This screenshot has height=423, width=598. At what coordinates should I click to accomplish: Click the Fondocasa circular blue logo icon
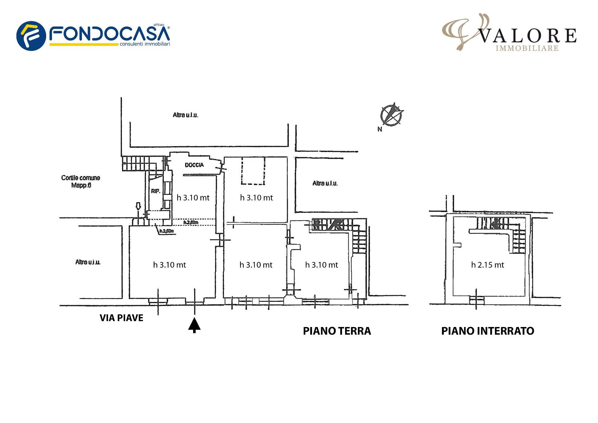point(31,36)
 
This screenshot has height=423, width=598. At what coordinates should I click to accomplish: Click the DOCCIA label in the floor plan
point(194,165)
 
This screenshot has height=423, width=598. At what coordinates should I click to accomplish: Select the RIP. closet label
point(155,191)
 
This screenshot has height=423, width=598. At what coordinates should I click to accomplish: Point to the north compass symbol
point(391,114)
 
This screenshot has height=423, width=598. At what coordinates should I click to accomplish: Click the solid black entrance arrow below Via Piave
point(194,325)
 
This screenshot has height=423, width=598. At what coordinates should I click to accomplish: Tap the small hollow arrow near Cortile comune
point(139,206)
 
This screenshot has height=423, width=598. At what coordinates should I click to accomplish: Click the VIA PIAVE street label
point(121,318)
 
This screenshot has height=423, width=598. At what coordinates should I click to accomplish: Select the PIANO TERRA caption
point(337,331)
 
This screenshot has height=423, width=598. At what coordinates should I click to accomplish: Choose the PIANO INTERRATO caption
point(487,331)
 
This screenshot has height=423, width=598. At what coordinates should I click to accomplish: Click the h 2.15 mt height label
point(487,265)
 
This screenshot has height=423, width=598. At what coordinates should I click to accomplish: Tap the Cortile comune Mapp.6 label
point(81,181)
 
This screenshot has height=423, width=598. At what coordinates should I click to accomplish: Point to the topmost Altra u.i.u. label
point(185,115)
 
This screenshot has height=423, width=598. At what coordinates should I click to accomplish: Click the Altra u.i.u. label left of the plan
point(88,262)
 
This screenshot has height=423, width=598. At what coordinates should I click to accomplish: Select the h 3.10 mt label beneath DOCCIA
point(193,198)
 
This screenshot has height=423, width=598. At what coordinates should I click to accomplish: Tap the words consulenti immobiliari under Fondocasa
point(145,45)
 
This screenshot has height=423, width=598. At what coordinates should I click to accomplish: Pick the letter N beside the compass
point(380,129)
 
